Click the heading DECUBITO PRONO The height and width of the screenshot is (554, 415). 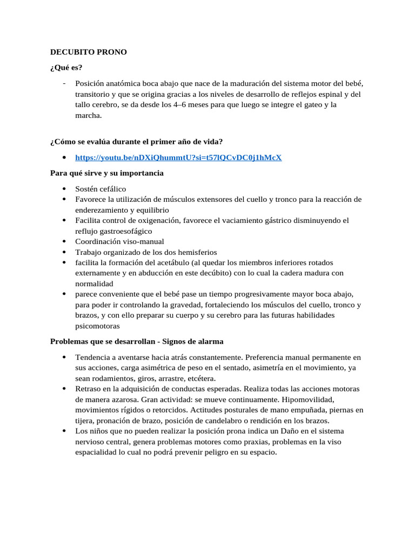[x=89, y=52]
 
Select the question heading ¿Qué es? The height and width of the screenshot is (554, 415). [x=66, y=68]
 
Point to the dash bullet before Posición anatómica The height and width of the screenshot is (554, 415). [x=64, y=83]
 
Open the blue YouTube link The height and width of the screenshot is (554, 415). [x=178, y=157]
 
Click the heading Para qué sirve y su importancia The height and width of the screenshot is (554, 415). [x=106, y=173]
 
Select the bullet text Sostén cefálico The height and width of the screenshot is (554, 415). [x=101, y=189]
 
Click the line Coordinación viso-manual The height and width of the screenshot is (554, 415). [x=119, y=241]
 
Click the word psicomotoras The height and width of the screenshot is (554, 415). [x=97, y=326]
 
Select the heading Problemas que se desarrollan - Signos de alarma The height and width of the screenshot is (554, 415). [x=137, y=342]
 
